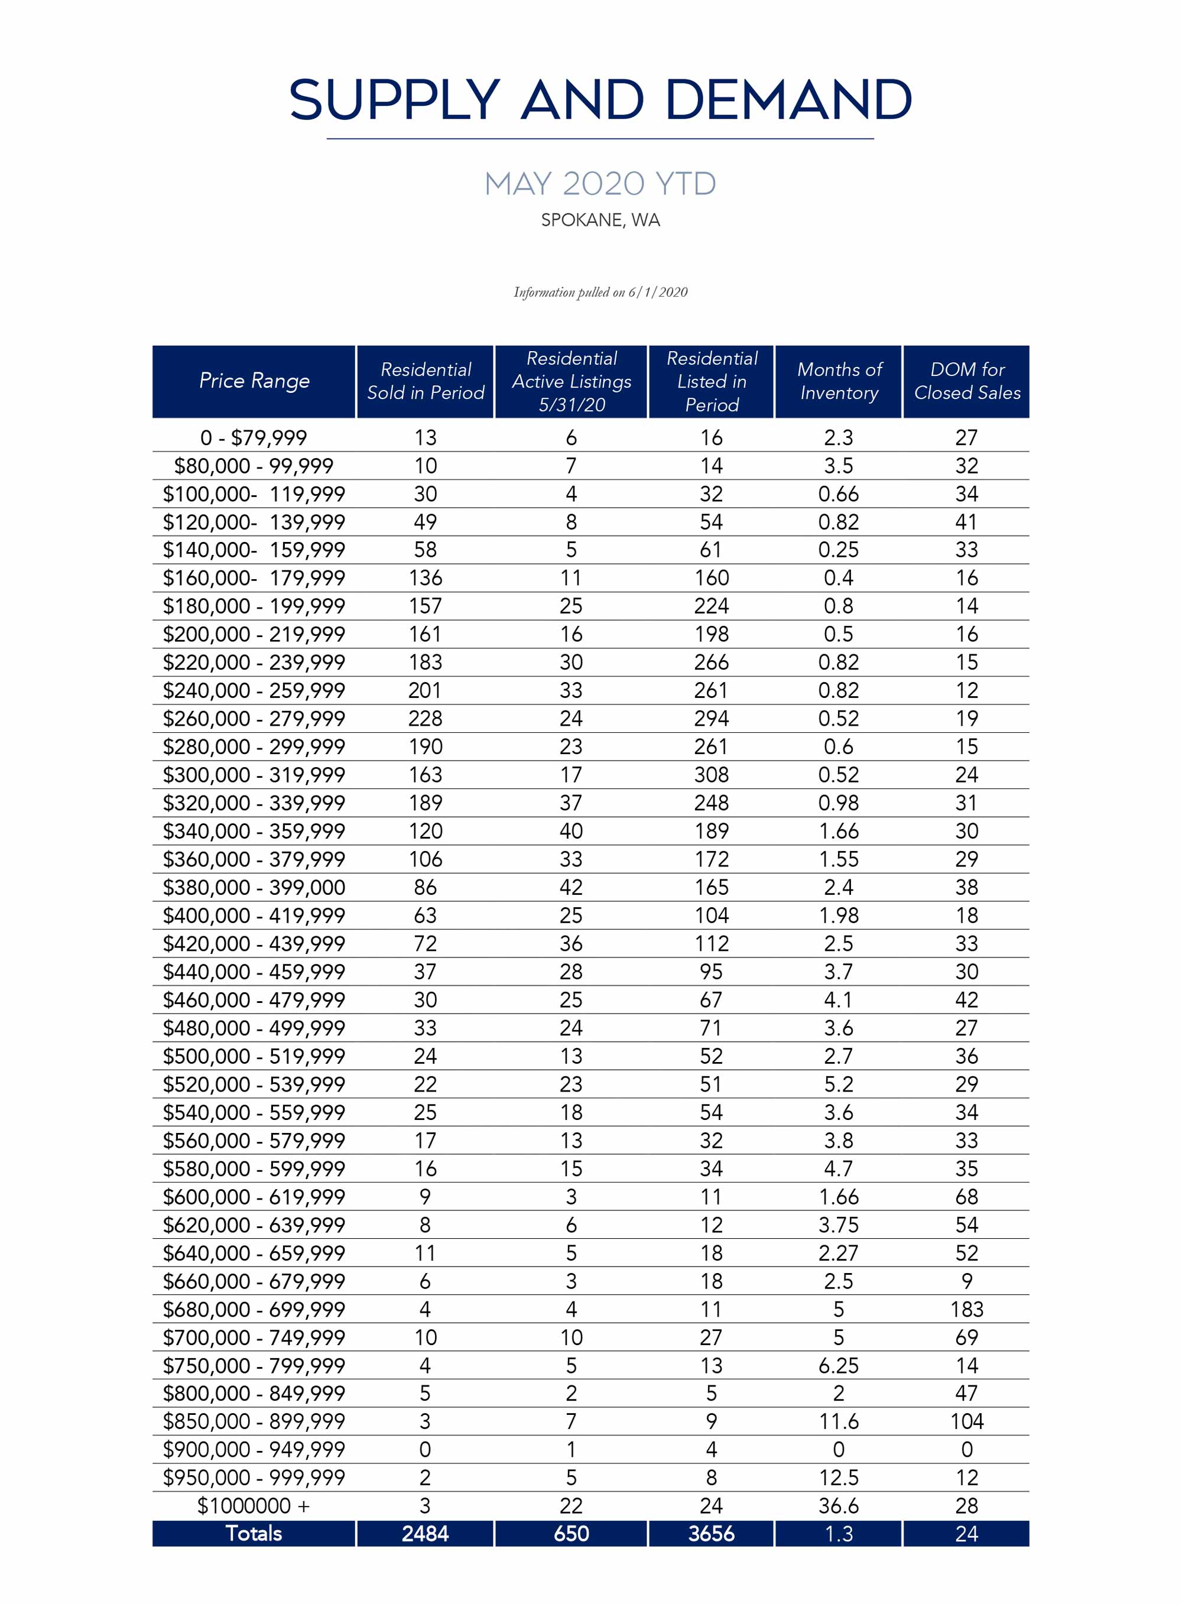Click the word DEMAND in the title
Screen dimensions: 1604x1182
point(788,99)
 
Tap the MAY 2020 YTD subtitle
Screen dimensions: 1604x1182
point(600,184)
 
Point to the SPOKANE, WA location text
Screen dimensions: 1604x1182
point(600,220)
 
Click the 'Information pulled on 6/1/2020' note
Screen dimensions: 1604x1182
point(600,292)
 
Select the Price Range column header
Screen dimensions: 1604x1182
point(254,381)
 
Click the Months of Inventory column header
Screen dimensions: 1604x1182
point(839,381)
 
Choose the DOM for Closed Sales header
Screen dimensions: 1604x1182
point(967,381)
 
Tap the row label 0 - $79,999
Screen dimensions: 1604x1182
point(254,437)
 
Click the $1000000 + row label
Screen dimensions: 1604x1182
point(254,1506)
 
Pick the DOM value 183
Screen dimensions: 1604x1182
point(967,1309)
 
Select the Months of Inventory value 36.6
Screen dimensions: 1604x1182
point(839,1506)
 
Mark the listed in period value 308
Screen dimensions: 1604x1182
point(711,775)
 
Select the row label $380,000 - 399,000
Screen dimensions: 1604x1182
point(254,887)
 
